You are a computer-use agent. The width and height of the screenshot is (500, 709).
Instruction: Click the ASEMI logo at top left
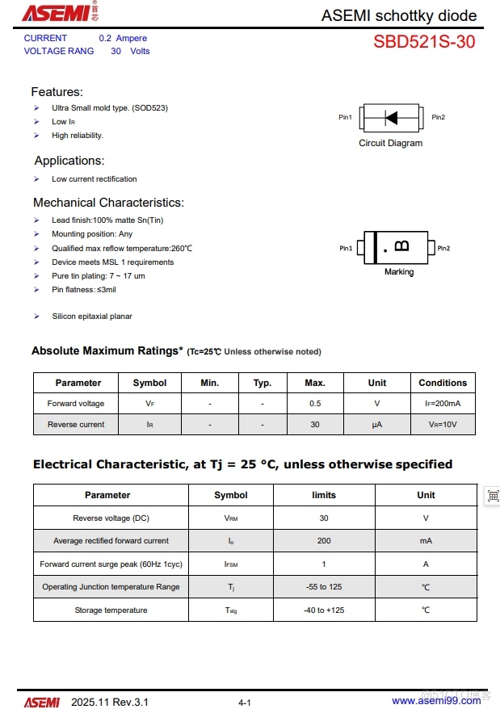tap(59, 13)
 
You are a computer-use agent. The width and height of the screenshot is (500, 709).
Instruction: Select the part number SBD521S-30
tap(424, 43)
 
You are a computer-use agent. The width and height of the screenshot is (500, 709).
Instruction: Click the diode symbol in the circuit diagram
tap(391, 118)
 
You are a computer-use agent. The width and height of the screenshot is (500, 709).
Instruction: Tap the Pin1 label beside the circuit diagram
tap(345, 118)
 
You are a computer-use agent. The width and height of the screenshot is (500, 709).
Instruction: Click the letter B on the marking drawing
tap(401, 245)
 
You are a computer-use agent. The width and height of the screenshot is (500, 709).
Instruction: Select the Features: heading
tap(57, 92)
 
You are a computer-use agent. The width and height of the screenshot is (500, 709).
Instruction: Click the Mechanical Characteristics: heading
tap(108, 203)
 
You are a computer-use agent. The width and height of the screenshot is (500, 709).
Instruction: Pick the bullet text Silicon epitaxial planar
tap(92, 317)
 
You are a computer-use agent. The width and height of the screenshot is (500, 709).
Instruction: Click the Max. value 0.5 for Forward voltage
tap(315, 404)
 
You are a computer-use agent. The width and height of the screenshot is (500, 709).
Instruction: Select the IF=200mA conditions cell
tap(443, 404)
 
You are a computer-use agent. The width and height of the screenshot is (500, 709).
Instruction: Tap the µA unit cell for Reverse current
tap(377, 425)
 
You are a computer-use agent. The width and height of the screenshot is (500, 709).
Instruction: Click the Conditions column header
tap(443, 383)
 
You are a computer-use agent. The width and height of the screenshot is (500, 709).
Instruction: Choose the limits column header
tap(324, 495)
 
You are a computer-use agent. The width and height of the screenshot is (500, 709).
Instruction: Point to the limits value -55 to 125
tap(324, 587)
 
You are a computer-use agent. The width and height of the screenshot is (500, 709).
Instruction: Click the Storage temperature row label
tap(111, 610)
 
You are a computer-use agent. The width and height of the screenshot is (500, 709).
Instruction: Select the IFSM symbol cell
tap(231, 564)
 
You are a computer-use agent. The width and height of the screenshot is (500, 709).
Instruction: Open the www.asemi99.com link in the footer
tap(436, 702)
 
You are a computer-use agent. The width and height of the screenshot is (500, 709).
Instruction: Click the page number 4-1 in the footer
tap(245, 703)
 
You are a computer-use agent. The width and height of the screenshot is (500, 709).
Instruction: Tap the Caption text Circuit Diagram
tap(390, 143)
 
